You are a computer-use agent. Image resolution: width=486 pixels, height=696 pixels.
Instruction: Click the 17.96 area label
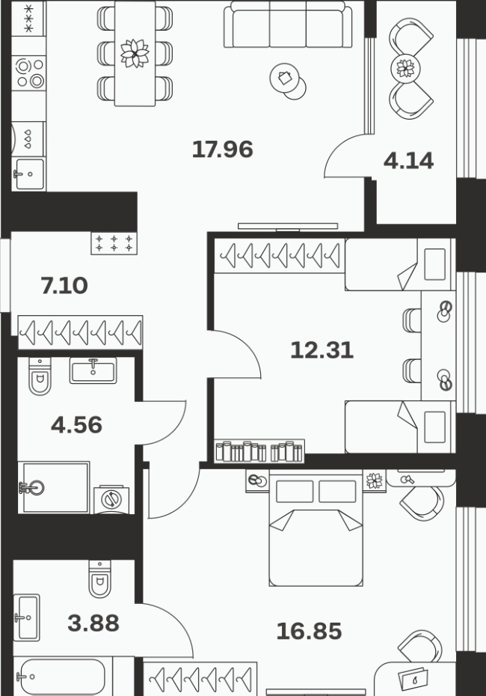click(223, 149)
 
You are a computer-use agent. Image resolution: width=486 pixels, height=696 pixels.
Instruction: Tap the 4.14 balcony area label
click(408, 161)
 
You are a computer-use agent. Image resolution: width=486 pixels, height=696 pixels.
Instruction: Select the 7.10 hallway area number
click(64, 285)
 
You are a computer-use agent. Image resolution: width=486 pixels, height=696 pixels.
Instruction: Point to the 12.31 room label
click(322, 350)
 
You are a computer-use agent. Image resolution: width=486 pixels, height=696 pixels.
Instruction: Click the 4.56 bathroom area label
click(77, 425)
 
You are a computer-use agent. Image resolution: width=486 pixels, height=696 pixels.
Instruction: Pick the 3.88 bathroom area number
click(93, 623)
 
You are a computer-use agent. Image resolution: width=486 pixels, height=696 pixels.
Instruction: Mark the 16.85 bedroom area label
click(309, 631)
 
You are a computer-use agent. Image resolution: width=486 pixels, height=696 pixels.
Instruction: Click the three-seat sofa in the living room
click(288, 24)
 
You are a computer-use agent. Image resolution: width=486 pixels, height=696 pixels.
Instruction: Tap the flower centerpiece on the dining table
click(135, 53)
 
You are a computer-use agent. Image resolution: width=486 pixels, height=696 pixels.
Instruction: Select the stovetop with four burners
click(29, 73)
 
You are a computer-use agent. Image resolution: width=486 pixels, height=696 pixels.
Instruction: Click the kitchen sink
click(29, 174)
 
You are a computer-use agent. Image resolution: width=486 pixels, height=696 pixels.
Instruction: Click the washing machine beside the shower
click(111, 500)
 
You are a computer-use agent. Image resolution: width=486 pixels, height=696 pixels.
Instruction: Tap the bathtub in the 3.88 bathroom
click(62, 677)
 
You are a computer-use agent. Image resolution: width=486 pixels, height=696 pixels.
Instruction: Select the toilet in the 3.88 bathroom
click(99, 579)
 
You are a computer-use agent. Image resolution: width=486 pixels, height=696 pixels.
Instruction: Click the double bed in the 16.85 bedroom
click(316, 530)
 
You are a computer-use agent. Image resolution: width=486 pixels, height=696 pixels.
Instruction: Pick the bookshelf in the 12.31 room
click(259, 451)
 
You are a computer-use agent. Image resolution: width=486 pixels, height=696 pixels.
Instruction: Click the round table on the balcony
click(405, 68)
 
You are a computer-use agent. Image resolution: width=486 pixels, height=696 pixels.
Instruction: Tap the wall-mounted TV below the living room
click(288, 226)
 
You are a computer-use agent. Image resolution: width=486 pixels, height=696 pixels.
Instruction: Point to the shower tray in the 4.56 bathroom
click(54, 487)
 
